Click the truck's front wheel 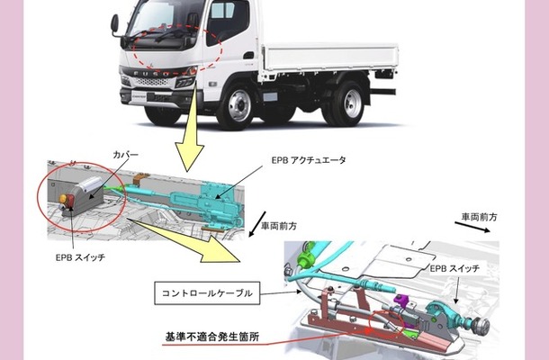tap(240, 105)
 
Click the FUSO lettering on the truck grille tap(151, 74)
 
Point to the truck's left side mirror tap(114, 24)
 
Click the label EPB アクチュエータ tap(309, 160)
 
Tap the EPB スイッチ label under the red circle tap(80, 257)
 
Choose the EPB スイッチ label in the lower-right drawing tap(454, 268)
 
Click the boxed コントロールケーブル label tap(207, 293)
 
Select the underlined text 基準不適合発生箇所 tap(212, 337)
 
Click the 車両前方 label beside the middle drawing tap(279, 226)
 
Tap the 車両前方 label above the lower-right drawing tap(479, 217)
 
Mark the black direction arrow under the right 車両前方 tap(472, 227)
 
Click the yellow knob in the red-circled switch tap(63, 199)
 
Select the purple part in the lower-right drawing tap(401, 301)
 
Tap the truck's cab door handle tap(248, 55)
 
